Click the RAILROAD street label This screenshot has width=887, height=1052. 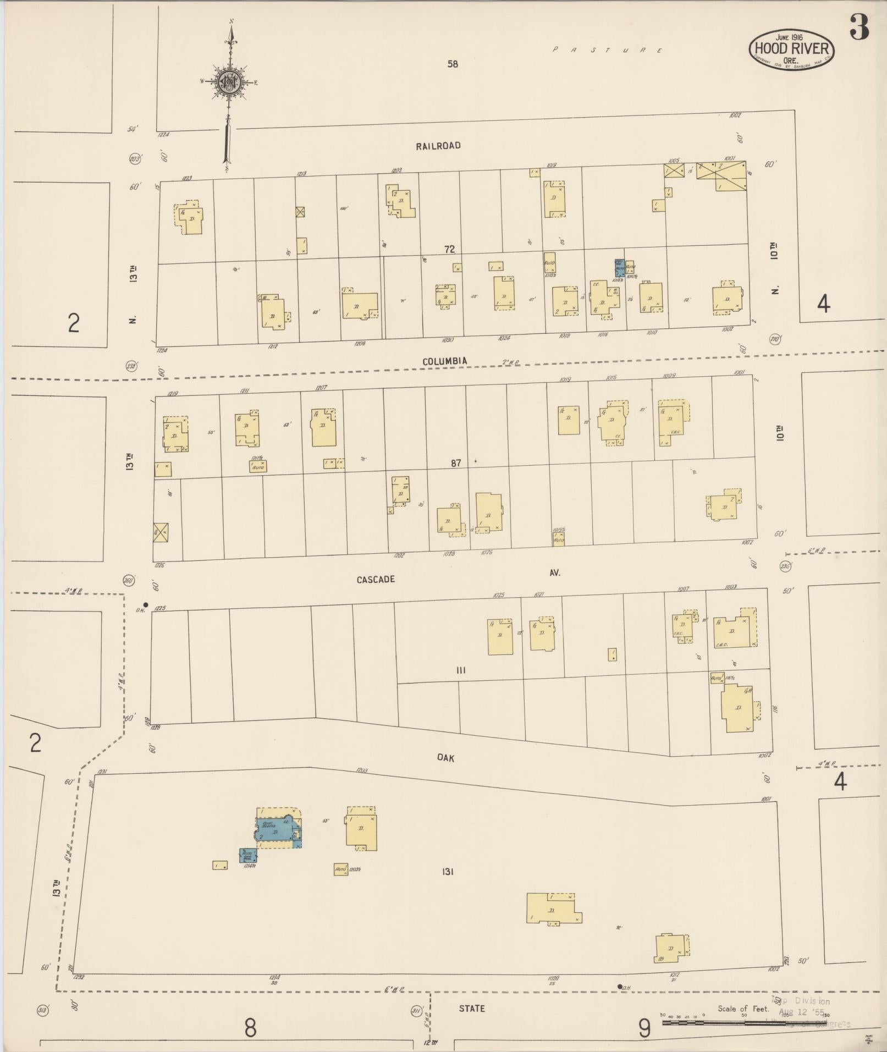pyautogui.click(x=438, y=146)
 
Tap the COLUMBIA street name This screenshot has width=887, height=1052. pyautogui.click(x=445, y=361)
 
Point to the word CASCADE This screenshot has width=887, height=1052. pyautogui.click(x=376, y=580)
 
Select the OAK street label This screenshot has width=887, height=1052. pyautogui.click(x=445, y=758)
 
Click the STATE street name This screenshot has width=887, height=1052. pyautogui.click(x=472, y=1009)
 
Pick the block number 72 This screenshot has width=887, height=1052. pyautogui.click(x=450, y=250)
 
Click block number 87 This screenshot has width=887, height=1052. pyautogui.click(x=456, y=464)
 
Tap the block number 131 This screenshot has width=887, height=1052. pyautogui.click(x=447, y=872)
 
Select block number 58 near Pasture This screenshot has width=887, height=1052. pyautogui.click(x=452, y=64)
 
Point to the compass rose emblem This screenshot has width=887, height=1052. pyautogui.click(x=228, y=82)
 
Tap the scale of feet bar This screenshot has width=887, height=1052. pyautogui.click(x=745, y=1023)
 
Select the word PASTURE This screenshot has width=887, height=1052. pyautogui.click(x=607, y=50)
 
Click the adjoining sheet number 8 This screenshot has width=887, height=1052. pyautogui.click(x=250, y=1027)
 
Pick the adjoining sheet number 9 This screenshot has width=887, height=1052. pyautogui.click(x=644, y=1027)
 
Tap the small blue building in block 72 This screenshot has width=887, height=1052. pyautogui.click(x=619, y=268)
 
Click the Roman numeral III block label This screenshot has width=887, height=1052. pyautogui.click(x=461, y=670)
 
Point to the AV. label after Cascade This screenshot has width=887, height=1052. pyautogui.click(x=554, y=573)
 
